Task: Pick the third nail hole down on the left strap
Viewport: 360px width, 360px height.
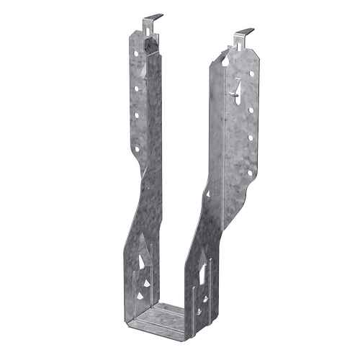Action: [135, 114]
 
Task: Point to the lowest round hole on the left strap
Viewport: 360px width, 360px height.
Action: [136, 149]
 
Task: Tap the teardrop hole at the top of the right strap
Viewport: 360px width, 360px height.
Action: [225, 62]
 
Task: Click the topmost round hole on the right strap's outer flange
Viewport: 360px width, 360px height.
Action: [251, 75]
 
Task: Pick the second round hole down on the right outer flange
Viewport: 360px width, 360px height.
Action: [251, 110]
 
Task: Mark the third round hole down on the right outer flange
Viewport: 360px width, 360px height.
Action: [251, 137]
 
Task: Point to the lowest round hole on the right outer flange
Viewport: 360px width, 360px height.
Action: [251, 172]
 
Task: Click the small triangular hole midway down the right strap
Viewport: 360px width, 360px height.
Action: [208, 193]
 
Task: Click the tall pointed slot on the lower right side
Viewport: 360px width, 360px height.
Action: [203, 274]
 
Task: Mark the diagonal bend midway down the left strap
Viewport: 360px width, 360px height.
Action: [144, 194]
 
